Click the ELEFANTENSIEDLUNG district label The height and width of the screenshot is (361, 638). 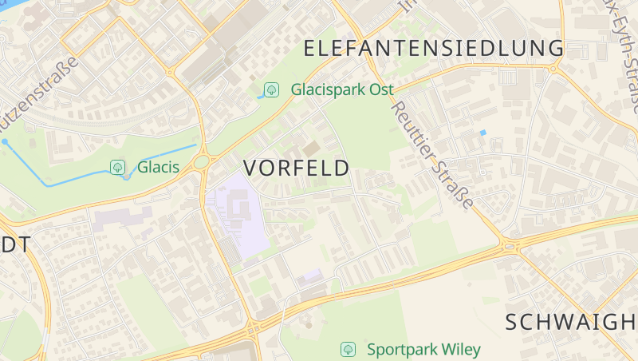click(x=434, y=48)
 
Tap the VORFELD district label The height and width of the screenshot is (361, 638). click(x=297, y=168)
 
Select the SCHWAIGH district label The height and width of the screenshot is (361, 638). click(x=571, y=322)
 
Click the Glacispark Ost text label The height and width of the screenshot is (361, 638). click(x=342, y=89)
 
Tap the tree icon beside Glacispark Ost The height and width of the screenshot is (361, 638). click(x=272, y=89)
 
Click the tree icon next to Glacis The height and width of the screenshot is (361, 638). click(x=118, y=167)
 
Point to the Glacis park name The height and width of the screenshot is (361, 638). click(x=158, y=167)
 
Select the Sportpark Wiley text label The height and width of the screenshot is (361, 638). click(x=423, y=349)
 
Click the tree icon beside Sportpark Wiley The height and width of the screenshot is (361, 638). click(x=348, y=349)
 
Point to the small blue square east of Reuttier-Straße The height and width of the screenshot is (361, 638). click(x=482, y=132)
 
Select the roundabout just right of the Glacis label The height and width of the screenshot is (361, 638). click(x=201, y=162)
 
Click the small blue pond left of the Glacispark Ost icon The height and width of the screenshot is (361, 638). click(x=260, y=96)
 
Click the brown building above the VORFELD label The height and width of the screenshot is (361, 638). click(x=311, y=149)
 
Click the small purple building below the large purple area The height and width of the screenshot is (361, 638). click(x=310, y=276)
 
